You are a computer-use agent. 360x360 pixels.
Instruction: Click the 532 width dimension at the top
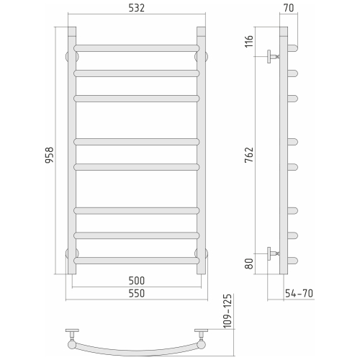[136, 9]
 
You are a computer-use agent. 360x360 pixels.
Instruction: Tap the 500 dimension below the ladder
[136, 280]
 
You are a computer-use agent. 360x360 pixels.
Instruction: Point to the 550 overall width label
[136, 293]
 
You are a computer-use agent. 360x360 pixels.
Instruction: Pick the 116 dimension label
[248, 41]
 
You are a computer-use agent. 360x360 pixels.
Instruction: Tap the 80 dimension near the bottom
[248, 264]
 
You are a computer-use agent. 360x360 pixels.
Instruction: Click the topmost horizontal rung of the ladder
[136, 48]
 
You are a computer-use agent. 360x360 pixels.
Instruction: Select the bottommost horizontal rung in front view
[136, 259]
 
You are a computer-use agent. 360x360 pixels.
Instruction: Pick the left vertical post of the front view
[71, 151]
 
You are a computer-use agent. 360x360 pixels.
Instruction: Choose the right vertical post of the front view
[201, 151]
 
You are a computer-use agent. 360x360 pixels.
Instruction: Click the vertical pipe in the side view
[284, 151]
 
